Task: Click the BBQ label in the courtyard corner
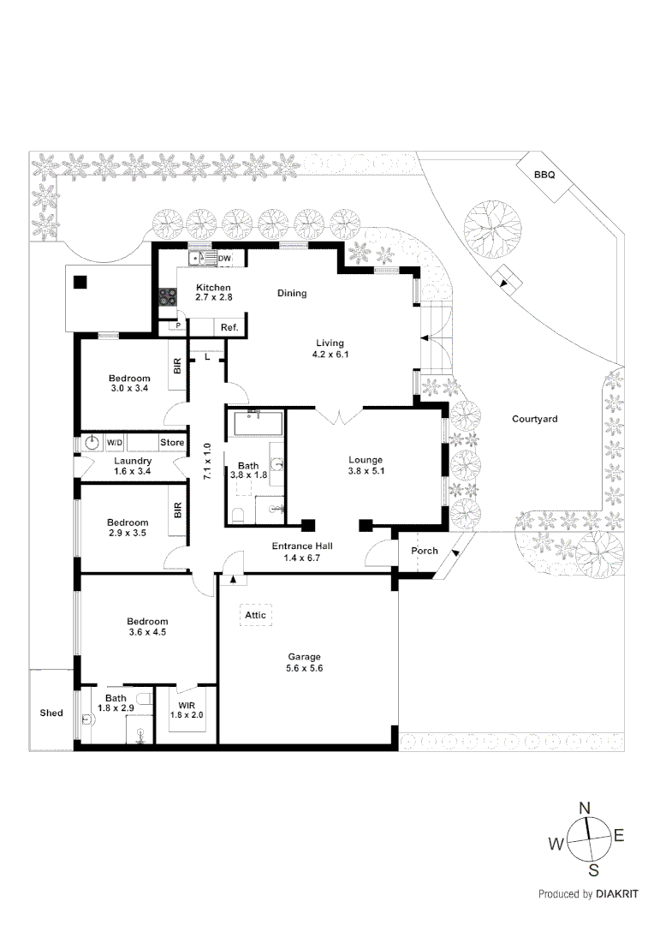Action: (x=544, y=175)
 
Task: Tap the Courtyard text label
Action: (x=534, y=419)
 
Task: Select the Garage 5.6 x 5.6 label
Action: (x=304, y=662)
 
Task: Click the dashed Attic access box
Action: (x=255, y=615)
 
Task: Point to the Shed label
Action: (x=51, y=713)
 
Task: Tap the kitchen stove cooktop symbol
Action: (x=167, y=297)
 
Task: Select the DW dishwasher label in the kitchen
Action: (x=224, y=259)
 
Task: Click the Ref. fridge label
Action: (x=229, y=327)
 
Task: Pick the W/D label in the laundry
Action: (x=115, y=443)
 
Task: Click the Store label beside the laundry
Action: (x=173, y=443)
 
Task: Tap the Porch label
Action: (x=425, y=551)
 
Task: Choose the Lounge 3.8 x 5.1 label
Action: (x=365, y=465)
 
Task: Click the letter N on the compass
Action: (x=586, y=808)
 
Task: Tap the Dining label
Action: (x=292, y=293)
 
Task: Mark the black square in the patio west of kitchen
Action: (x=80, y=282)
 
